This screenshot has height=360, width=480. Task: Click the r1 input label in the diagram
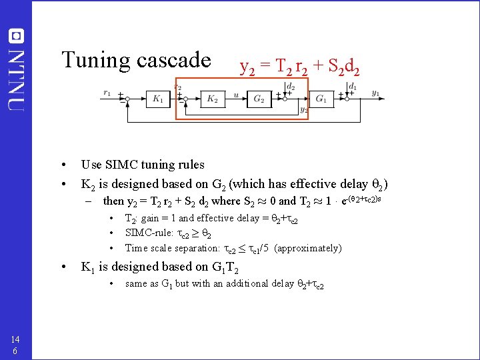107,93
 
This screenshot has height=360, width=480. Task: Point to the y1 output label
376,93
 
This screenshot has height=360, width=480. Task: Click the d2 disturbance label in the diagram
290,86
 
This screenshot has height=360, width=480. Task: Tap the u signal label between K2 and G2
236,94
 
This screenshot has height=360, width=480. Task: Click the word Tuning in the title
96,61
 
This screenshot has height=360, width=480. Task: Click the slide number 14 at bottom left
15,338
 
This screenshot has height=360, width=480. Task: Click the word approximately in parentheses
307,249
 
